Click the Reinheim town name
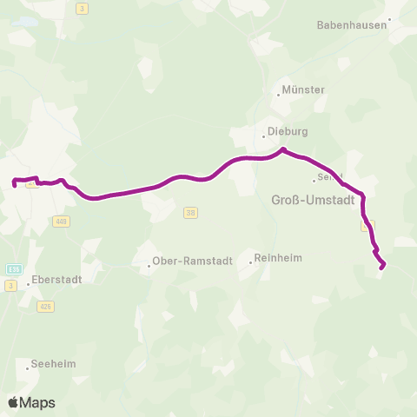point(280,259)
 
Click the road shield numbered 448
point(60,221)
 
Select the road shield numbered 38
point(191,212)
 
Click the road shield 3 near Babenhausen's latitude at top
point(83,9)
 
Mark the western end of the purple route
point(15,182)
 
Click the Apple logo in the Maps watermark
point(13,402)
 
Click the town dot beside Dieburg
point(264,136)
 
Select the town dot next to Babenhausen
point(390,18)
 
